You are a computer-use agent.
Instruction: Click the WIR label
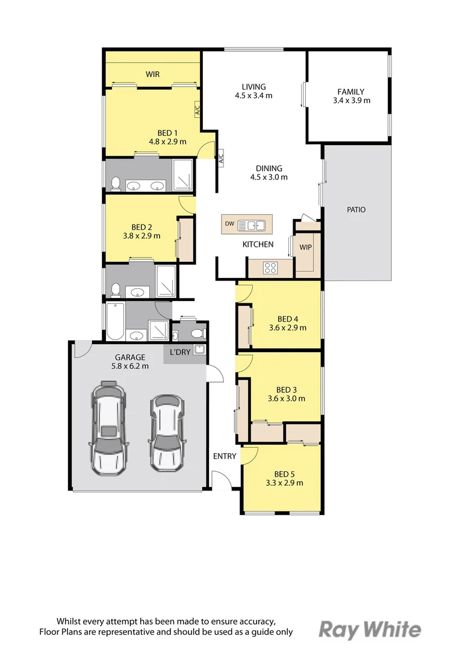pos(153,74)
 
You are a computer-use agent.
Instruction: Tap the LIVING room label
pos(254,87)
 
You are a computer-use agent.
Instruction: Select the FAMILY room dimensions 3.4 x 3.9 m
pos(352,101)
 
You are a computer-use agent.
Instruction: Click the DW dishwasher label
pos(230,223)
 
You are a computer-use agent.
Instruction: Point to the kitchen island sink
pos(251,225)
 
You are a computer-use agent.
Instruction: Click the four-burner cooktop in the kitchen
pos(270,268)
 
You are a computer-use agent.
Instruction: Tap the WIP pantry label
pos(306,247)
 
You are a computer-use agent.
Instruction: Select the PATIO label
pos(356,210)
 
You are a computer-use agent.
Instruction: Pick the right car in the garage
pos(166,433)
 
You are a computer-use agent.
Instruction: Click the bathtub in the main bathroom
pos(115,321)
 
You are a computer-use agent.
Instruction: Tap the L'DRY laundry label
pos(180,352)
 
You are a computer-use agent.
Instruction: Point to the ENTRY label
pos(225,456)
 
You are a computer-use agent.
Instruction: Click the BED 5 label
pos(285,474)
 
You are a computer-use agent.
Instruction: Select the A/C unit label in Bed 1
pos(197,110)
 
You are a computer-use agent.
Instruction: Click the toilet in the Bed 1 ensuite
pos(116,184)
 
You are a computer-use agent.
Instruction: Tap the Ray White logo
pos(370,630)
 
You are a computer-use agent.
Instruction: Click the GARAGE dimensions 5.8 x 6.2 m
pos(130,366)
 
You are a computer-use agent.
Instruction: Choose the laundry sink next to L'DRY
pos(200,349)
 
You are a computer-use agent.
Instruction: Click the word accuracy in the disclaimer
pos(256,621)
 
